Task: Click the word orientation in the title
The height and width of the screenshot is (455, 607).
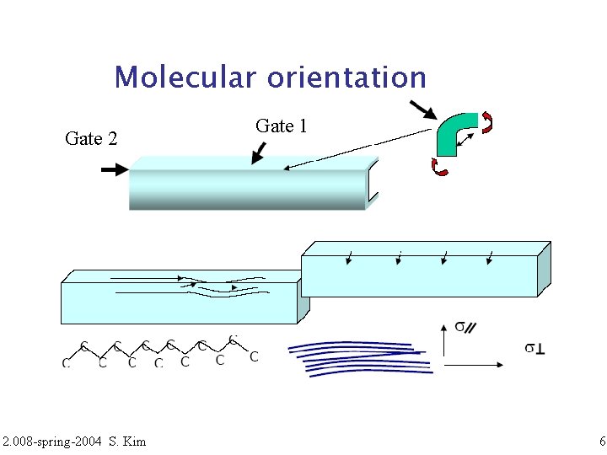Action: pyautogui.click(x=347, y=78)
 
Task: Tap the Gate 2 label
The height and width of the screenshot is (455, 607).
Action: pyautogui.click(x=90, y=139)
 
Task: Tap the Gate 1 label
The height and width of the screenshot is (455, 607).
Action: pyautogui.click(x=281, y=126)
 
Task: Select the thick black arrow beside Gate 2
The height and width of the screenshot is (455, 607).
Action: pyautogui.click(x=114, y=170)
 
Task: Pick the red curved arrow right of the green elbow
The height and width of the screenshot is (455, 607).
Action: pyautogui.click(x=486, y=123)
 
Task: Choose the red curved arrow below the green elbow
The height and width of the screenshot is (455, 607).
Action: pyautogui.click(x=439, y=167)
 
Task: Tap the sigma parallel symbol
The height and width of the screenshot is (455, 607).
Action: pyautogui.click(x=465, y=326)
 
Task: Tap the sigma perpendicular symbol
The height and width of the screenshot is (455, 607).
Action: pyautogui.click(x=534, y=347)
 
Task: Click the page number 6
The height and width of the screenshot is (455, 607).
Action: pyautogui.click(x=602, y=442)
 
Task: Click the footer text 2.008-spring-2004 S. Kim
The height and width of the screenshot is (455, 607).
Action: pyautogui.click(x=74, y=442)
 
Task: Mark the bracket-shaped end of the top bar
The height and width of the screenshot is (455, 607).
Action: pyautogui.click(x=373, y=184)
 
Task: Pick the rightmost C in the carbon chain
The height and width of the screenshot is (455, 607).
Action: pyautogui.click(x=254, y=356)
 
